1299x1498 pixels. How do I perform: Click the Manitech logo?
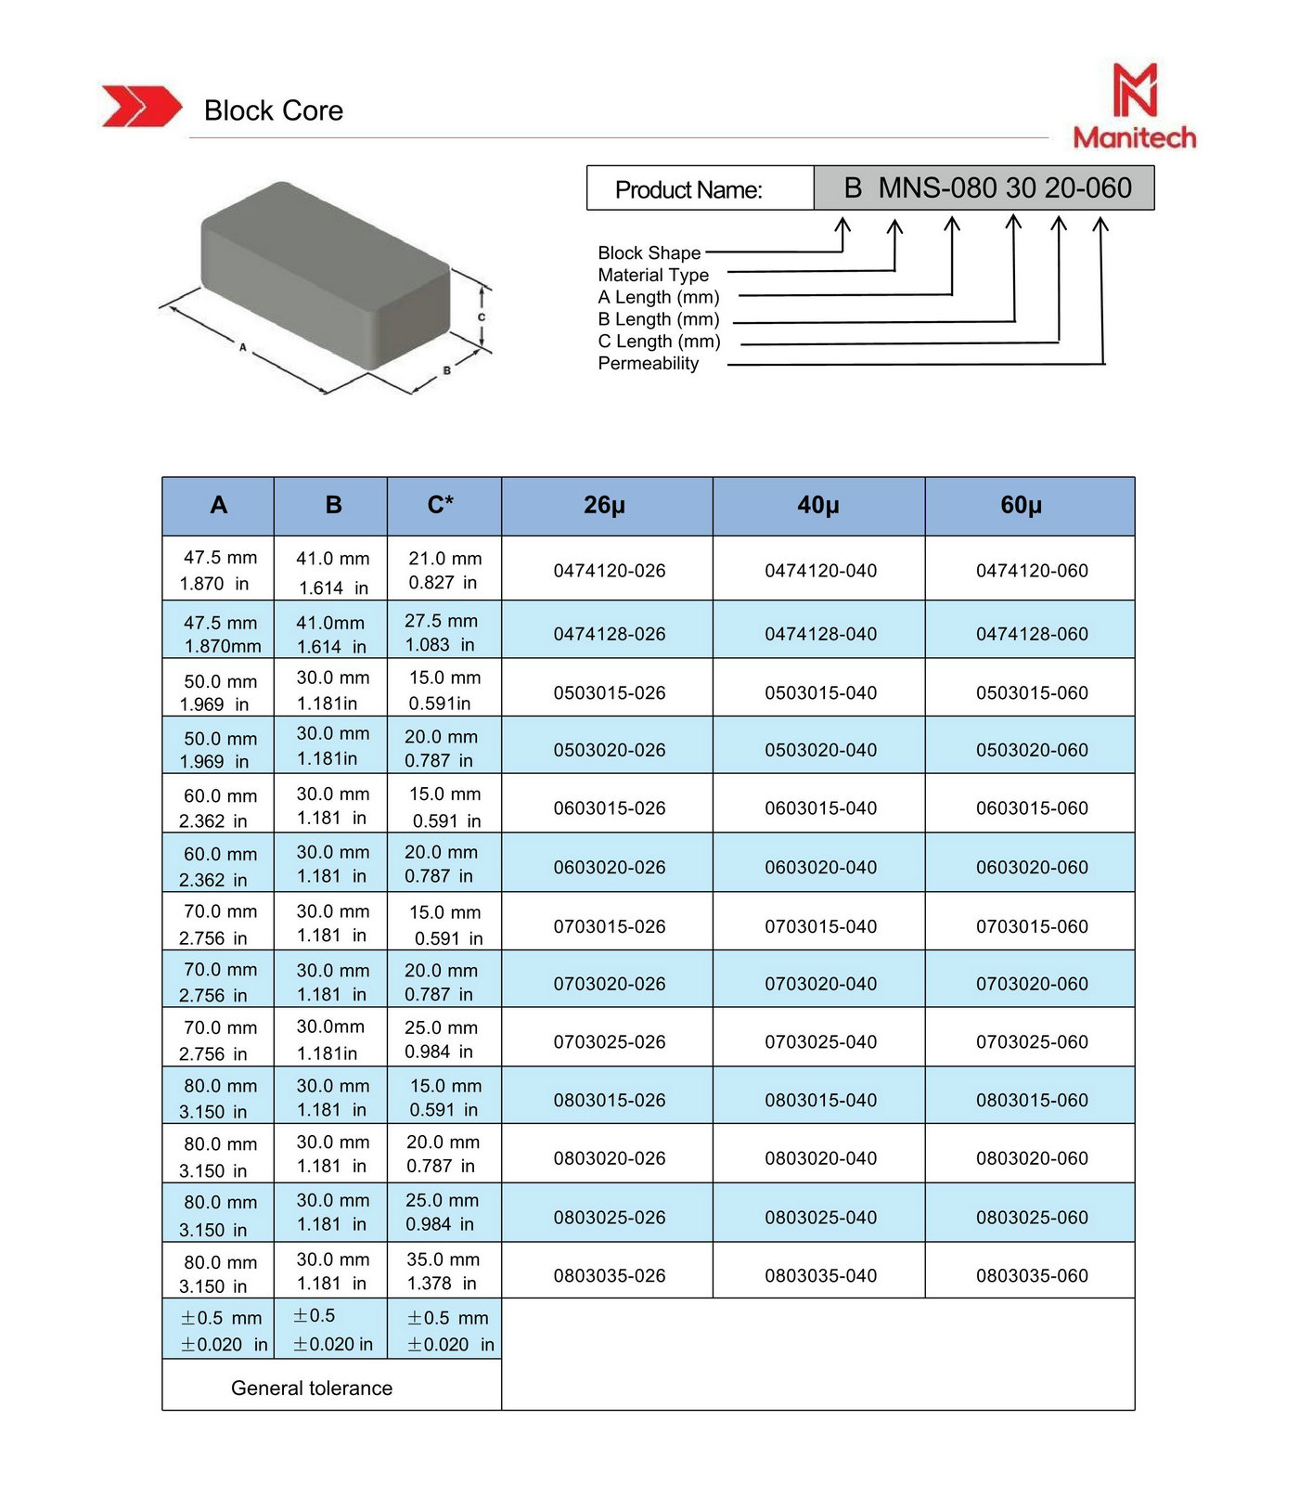click(x=1134, y=107)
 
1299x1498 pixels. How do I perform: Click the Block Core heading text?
click(x=273, y=110)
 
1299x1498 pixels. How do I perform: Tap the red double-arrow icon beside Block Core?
click(x=141, y=106)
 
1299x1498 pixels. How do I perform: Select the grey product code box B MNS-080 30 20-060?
click(x=984, y=188)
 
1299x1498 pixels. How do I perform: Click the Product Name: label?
click(x=688, y=189)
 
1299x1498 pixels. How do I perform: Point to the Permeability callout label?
click(x=648, y=364)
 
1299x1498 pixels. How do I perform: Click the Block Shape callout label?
click(x=649, y=253)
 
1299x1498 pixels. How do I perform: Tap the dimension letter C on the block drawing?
click(x=481, y=316)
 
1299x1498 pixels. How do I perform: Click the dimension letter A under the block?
click(x=243, y=348)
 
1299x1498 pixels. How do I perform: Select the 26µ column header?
click(x=605, y=505)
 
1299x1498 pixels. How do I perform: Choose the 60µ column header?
click(x=1021, y=505)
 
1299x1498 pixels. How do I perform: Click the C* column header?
click(x=441, y=505)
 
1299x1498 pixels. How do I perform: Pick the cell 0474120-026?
click(x=610, y=571)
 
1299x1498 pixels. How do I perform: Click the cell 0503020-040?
click(x=820, y=750)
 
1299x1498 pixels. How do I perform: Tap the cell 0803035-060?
click(x=1032, y=1276)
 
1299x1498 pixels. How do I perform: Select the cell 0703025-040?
click(x=820, y=1042)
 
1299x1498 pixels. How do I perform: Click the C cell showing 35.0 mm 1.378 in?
click(x=443, y=1272)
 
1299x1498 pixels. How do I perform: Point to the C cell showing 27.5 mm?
click(x=441, y=632)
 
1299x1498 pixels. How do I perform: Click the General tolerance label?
click(x=312, y=1388)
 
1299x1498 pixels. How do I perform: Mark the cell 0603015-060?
click(x=1032, y=808)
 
